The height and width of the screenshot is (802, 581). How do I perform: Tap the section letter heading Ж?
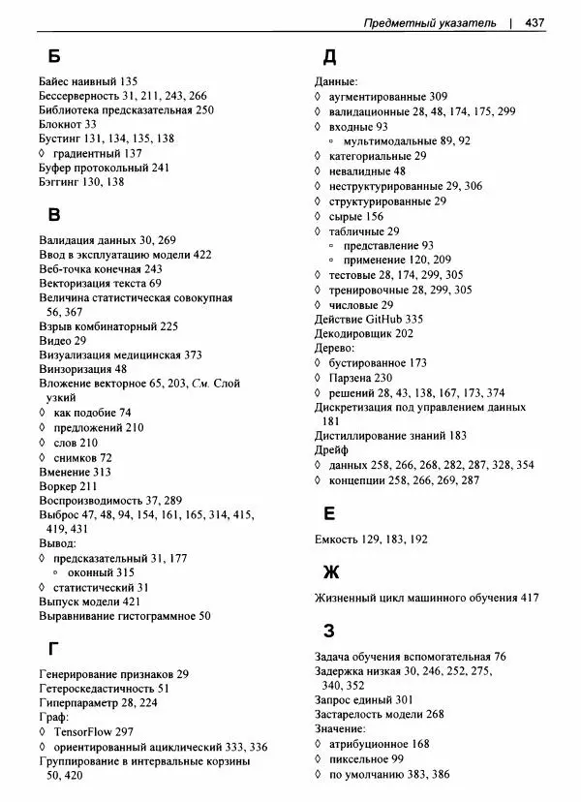[x=331, y=571]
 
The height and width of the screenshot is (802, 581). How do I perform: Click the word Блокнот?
[x=60, y=124]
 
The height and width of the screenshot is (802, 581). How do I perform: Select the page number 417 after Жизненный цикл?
[x=529, y=599]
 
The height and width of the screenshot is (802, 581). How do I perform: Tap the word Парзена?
[x=350, y=378]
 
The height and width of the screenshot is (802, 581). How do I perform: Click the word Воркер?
[x=58, y=485]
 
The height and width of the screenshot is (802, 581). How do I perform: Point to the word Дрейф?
[x=333, y=450]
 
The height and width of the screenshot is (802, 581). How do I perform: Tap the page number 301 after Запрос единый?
[x=405, y=699]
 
